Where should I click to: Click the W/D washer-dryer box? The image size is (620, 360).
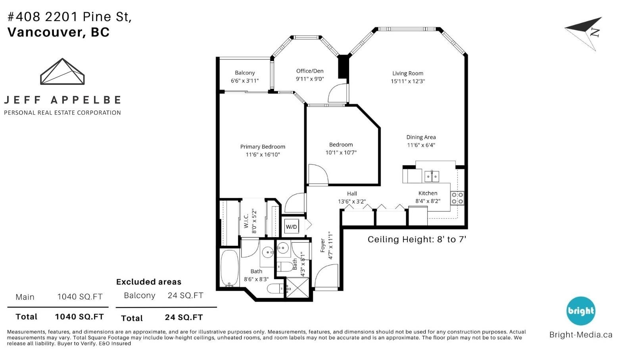(292, 227)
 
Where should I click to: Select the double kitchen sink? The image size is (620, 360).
(432, 176)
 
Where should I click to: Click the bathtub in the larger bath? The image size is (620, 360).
(230, 268)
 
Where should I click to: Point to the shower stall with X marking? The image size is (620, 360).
(297, 288)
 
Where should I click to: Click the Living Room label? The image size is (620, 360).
(408, 73)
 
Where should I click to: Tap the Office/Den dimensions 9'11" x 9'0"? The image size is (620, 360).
(310, 79)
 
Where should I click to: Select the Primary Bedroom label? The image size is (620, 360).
(263, 147)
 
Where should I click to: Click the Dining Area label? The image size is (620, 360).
(421, 137)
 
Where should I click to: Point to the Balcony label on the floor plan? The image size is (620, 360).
(245, 73)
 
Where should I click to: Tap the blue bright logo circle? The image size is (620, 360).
(581, 311)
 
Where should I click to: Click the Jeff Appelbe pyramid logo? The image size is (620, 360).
(62, 71)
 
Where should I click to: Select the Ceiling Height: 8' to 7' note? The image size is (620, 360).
(417, 239)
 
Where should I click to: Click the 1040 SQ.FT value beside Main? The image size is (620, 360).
(80, 297)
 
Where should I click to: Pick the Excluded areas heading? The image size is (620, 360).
(149, 282)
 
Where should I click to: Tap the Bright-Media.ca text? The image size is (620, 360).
(581, 335)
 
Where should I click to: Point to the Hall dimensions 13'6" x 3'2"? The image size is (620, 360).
(352, 202)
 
